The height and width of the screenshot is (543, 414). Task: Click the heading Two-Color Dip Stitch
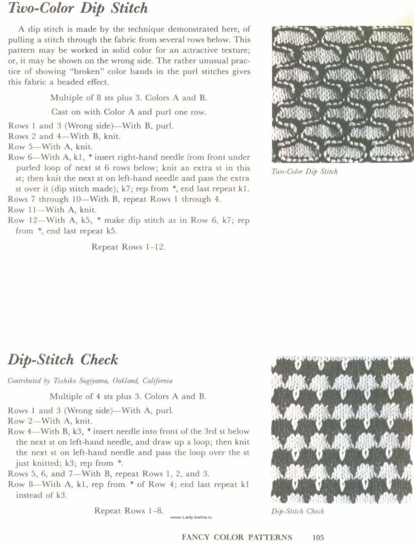click(78, 8)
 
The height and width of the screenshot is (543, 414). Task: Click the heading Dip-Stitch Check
click(63, 360)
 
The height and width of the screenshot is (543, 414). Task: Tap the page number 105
click(318, 537)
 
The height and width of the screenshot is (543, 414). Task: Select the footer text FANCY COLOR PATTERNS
click(237, 537)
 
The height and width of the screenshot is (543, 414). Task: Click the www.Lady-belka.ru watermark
click(191, 517)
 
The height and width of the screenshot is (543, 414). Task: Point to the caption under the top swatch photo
click(304, 172)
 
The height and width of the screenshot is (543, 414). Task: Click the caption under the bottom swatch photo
click(297, 511)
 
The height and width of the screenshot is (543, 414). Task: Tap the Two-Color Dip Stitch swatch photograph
click(342, 94)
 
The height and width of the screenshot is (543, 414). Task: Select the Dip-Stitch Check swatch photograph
click(342, 430)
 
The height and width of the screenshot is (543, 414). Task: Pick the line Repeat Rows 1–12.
click(128, 247)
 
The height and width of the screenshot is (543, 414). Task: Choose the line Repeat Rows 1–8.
click(129, 511)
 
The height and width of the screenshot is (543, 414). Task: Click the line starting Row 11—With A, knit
click(52, 210)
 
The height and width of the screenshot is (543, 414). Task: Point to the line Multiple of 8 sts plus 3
click(128, 98)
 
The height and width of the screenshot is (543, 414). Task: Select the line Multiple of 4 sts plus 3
click(128, 396)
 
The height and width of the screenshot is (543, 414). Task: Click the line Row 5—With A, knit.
click(50, 147)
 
